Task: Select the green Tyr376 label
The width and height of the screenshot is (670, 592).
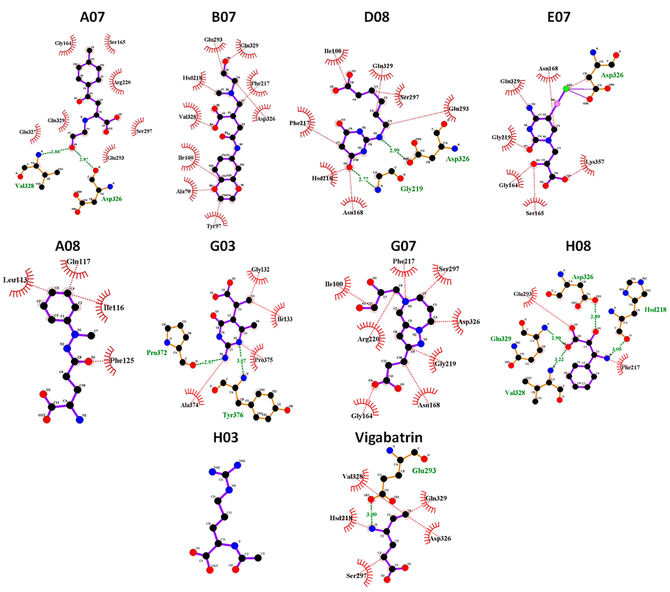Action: click(233, 415)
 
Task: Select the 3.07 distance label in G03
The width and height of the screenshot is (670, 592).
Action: click(241, 361)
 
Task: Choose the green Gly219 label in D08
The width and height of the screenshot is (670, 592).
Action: click(411, 189)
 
